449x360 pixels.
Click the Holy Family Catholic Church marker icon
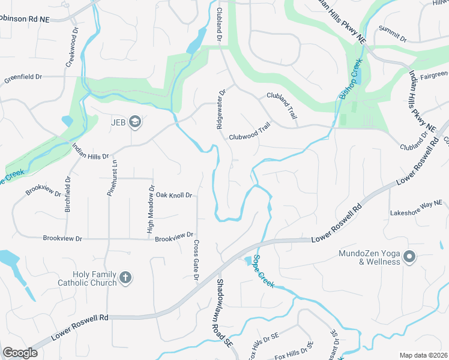(x=125, y=277)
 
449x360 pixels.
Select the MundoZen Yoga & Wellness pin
(x=409, y=257)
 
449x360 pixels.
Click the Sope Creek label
(x=263, y=271)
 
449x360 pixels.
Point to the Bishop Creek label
(x=351, y=79)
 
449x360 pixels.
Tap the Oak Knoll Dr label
(x=173, y=195)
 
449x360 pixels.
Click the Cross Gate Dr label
(x=196, y=260)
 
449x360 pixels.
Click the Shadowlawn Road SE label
(x=223, y=313)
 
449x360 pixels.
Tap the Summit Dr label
(x=393, y=35)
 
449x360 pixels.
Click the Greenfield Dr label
(x=23, y=77)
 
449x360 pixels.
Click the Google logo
(x=20, y=352)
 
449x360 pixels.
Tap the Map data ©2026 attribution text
(x=423, y=355)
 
